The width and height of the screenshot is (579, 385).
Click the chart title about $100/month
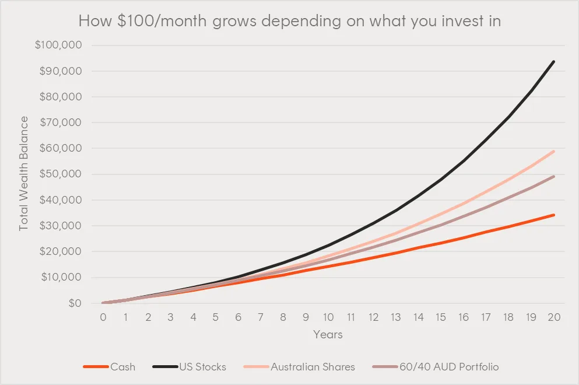coord(290,22)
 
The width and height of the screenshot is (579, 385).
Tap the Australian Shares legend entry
coord(313,367)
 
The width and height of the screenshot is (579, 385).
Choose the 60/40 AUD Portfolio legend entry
coord(449,367)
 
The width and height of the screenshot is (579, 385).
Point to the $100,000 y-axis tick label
coord(59,45)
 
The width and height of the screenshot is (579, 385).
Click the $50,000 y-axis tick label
coord(61,174)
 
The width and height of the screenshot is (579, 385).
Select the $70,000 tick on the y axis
coord(61,123)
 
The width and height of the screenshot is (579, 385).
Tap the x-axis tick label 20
coord(554,317)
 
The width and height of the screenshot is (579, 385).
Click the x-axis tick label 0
coord(103,317)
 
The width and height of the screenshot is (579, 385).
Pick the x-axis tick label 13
coord(396,317)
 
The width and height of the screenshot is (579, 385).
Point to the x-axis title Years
coord(328,335)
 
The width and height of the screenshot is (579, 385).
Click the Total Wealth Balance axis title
coord(24,173)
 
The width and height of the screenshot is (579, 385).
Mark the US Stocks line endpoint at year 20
coord(553,61)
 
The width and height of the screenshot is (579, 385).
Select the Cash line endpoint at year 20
coord(553,215)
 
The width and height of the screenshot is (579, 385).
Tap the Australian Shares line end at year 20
coord(553,151)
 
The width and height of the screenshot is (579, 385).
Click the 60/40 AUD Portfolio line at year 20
coord(553,176)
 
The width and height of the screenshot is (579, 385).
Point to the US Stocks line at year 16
coord(464,160)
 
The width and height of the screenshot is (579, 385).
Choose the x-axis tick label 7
coord(261,317)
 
